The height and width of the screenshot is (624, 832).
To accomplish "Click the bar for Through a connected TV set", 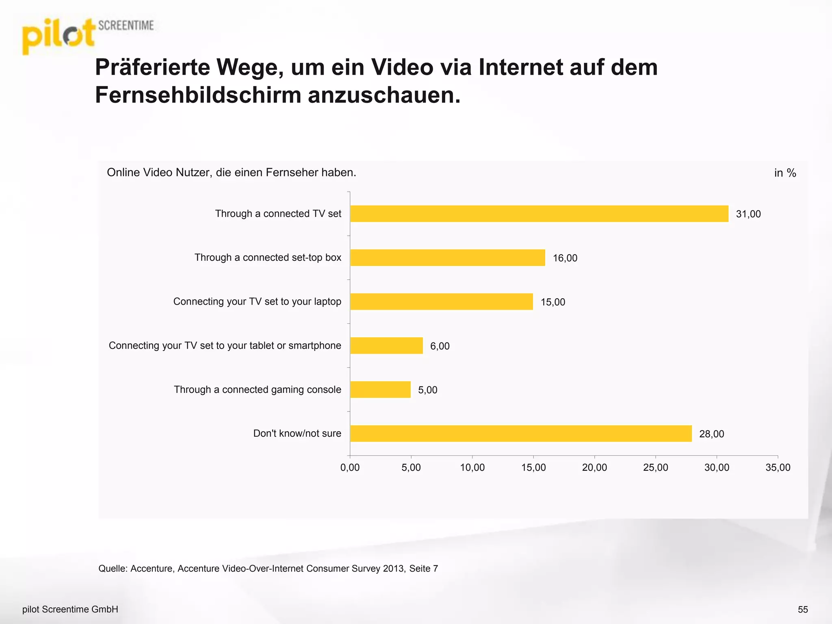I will [539, 214].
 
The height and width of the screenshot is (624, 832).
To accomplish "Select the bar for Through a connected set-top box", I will [447, 258].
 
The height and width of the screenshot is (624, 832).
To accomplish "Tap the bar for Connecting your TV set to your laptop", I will [441, 301].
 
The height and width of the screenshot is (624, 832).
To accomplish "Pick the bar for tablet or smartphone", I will [386, 346].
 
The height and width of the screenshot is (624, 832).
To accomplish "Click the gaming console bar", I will [380, 390].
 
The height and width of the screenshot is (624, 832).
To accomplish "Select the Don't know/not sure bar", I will [521, 433].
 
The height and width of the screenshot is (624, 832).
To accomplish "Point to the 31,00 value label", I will [748, 214].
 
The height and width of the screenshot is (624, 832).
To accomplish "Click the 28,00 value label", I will [711, 434].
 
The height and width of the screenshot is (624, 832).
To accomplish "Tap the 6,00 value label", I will [440, 346].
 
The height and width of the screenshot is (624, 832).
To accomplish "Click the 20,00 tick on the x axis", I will [594, 468].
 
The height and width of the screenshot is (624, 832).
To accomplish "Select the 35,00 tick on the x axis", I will [778, 468].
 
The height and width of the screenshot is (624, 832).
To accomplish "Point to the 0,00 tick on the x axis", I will [350, 468].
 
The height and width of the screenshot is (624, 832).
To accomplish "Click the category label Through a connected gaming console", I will [258, 390].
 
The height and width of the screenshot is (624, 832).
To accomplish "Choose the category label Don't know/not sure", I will [297, 433].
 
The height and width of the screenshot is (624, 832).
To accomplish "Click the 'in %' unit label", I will [785, 173].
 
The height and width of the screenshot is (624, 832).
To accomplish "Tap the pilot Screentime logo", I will [87, 36].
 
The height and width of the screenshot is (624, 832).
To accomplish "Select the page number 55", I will [803, 609].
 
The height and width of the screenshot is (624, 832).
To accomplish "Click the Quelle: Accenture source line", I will [268, 568].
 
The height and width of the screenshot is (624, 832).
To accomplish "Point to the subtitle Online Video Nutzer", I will [231, 173].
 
